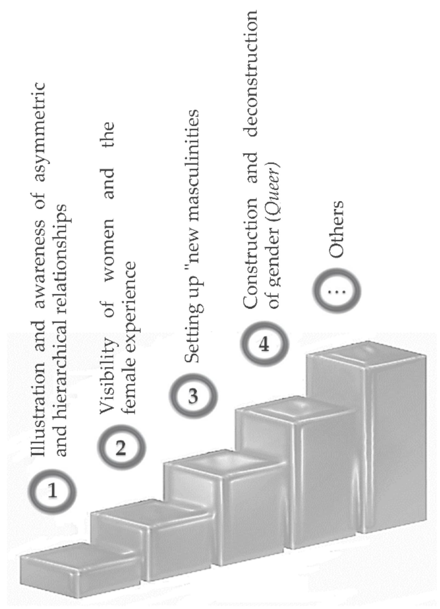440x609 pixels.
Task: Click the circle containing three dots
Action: (x=337, y=292)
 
